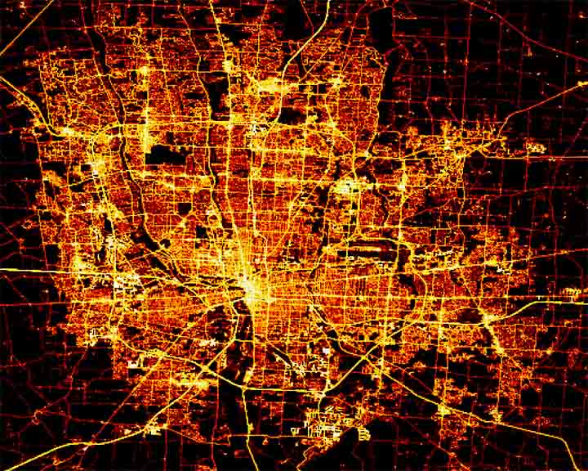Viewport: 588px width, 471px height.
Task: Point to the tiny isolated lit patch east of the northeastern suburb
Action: point(534,148)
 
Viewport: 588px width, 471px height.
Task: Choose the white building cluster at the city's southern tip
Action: point(323,425)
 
